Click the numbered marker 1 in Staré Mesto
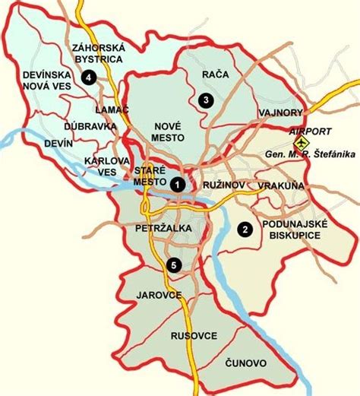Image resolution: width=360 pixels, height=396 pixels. tap(177, 184)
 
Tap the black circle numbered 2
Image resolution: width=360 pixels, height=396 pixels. tap(245, 229)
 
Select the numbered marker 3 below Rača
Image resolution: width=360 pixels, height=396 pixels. tap(203, 100)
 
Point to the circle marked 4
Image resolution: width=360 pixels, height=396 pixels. tap(90, 77)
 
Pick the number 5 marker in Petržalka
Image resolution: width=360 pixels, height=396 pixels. tap(174, 265)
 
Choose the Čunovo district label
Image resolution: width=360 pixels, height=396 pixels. tap(245, 364)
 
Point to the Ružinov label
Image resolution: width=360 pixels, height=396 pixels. tap(222, 185)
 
